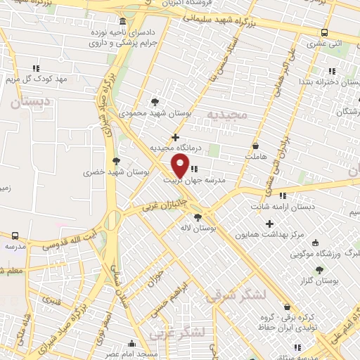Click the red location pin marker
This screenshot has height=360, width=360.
pyautogui.click(x=180, y=166)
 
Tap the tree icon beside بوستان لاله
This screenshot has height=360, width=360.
pyautogui.click(x=198, y=217)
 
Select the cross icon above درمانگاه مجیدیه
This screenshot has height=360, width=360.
pyautogui.click(x=175, y=136)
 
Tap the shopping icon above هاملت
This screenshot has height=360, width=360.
pyautogui.click(x=255, y=146)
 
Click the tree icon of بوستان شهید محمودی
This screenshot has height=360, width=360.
pyautogui.click(x=155, y=101)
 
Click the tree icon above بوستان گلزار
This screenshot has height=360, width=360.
pyautogui.click(x=319, y=269)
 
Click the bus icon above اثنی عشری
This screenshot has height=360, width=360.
pyautogui.click(x=324, y=32)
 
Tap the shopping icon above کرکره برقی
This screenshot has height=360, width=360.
pyautogui.click(x=287, y=307)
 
